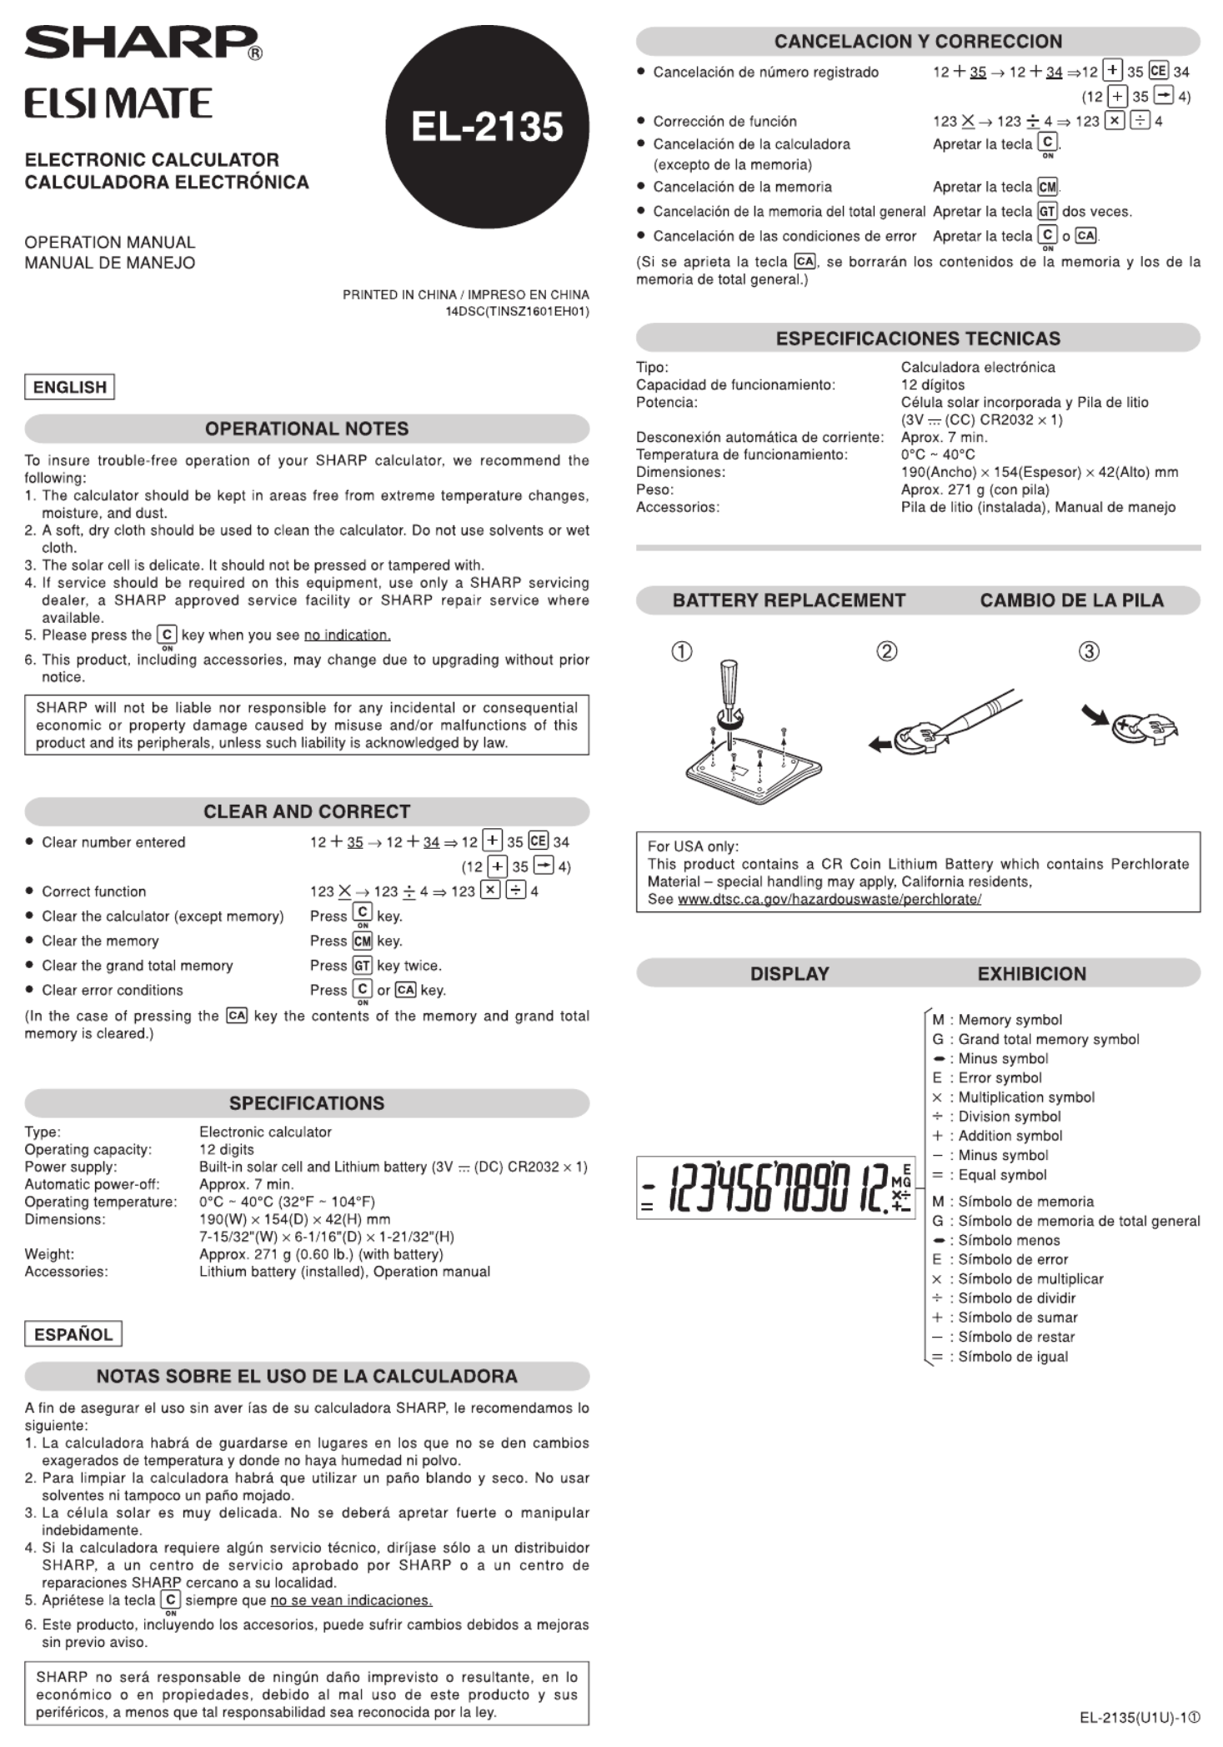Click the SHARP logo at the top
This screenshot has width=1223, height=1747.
(142, 43)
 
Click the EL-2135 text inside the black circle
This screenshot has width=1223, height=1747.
(487, 128)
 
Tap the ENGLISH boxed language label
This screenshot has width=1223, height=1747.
(70, 387)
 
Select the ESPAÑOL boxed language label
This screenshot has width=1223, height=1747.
(73, 1334)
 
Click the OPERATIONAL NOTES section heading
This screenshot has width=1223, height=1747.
(307, 429)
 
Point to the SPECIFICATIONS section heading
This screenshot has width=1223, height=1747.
(307, 1103)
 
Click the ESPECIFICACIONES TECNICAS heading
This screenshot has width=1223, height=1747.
(918, 339)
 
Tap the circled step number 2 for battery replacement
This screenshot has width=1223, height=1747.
(887, 651)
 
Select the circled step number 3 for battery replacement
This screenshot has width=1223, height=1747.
(1089, 651)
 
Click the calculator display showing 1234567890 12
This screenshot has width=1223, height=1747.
(775, 1187)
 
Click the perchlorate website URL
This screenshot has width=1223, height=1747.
(829, 899)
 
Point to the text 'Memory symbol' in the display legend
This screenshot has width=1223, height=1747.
(1010, 1020)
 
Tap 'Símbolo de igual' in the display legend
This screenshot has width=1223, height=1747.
(1013, 1357)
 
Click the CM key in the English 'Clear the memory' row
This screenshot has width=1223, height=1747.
(362, 941)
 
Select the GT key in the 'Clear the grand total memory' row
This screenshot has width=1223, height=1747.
(362, 966)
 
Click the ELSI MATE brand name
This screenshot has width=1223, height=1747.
(118, 104)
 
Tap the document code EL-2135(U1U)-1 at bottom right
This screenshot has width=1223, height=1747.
(1140, 1718)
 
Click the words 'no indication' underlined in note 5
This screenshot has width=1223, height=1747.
(347, 635)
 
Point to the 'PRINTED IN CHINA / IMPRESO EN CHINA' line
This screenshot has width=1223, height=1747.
(465, 294)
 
